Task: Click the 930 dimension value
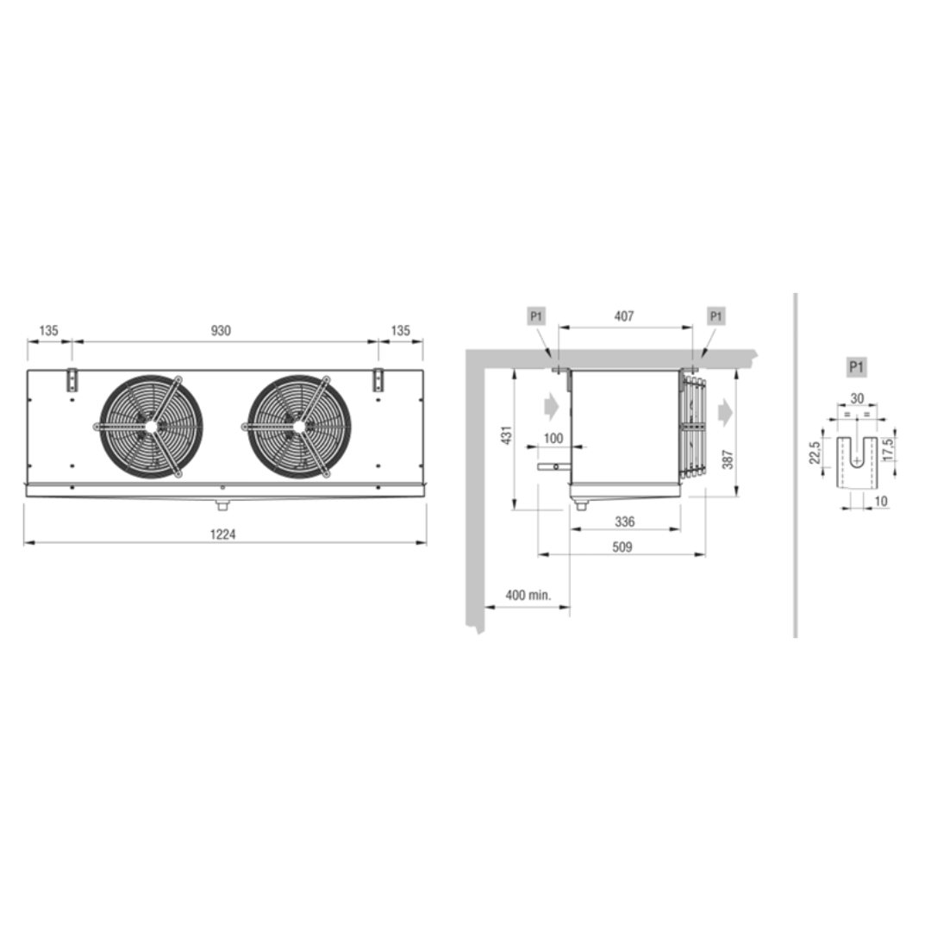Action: (221, 331)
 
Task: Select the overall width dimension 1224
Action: (222, 534)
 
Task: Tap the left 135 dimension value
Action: (48, 330)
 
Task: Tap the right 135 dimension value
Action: (400, 330)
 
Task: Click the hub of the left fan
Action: (151, 427)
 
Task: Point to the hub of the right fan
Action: (299, 427)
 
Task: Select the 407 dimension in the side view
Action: (624, 316)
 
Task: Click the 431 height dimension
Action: (507, 435)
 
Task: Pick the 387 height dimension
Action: (728, 459)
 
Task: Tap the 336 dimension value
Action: (625, 522)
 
